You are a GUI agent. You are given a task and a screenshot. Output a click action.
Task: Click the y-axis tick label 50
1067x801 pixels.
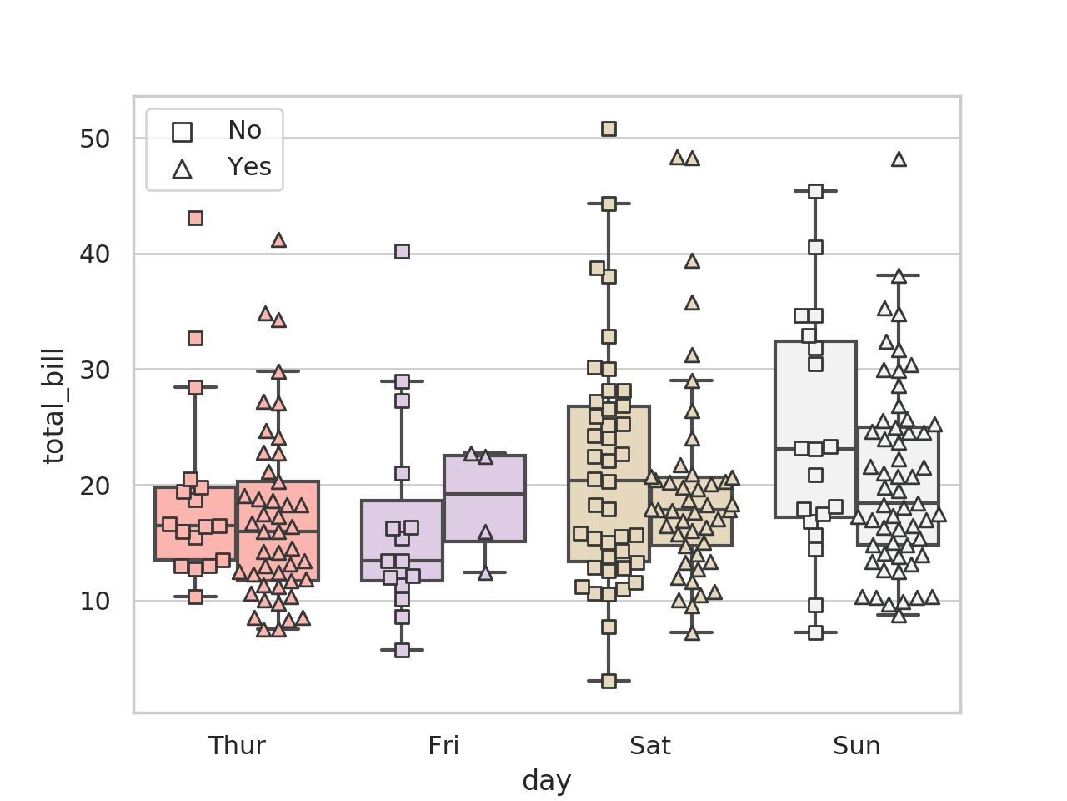tap(95, 139)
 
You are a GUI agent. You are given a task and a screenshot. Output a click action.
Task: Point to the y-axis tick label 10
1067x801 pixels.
tap(95, 601)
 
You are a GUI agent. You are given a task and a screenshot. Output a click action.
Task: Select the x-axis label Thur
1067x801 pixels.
tap(237, 745)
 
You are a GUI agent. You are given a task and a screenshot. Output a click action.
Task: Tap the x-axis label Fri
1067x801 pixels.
tap(443, 745)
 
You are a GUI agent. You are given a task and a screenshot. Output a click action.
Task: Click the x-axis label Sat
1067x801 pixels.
tap(650, 745)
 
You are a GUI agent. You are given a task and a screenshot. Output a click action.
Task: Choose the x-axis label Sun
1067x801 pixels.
tap(857, 745)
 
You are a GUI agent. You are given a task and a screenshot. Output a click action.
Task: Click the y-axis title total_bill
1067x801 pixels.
tap(53, 406)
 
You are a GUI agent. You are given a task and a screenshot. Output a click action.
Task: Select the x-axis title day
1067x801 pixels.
tap(547, 781)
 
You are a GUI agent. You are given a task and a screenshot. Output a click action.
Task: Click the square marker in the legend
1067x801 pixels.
tap(182, 132)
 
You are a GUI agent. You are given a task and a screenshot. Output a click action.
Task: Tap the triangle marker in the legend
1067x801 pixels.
tap(182, 169)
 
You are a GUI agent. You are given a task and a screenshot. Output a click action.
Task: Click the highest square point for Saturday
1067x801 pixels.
tap(609, 128)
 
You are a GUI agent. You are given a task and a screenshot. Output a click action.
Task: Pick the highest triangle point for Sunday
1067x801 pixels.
tap(899, 159)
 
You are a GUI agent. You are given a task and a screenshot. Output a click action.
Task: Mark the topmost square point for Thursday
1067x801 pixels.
tap(195, 218)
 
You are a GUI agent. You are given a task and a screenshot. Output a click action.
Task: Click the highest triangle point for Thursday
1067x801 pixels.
tap(278, 240)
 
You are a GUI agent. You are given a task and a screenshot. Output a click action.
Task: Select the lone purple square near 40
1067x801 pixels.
tap(402, 251)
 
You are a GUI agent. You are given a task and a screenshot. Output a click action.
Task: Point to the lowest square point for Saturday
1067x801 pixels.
tap(609, 681)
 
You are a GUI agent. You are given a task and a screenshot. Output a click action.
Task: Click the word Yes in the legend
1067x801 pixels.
tap(249, 167)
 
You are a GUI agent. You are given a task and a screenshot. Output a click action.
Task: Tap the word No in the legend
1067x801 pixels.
tap(244, 130)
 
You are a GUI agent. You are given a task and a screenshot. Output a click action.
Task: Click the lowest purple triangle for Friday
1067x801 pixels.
tap(485, 572)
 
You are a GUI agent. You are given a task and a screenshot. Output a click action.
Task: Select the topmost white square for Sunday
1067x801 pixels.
tap(815, 191)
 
